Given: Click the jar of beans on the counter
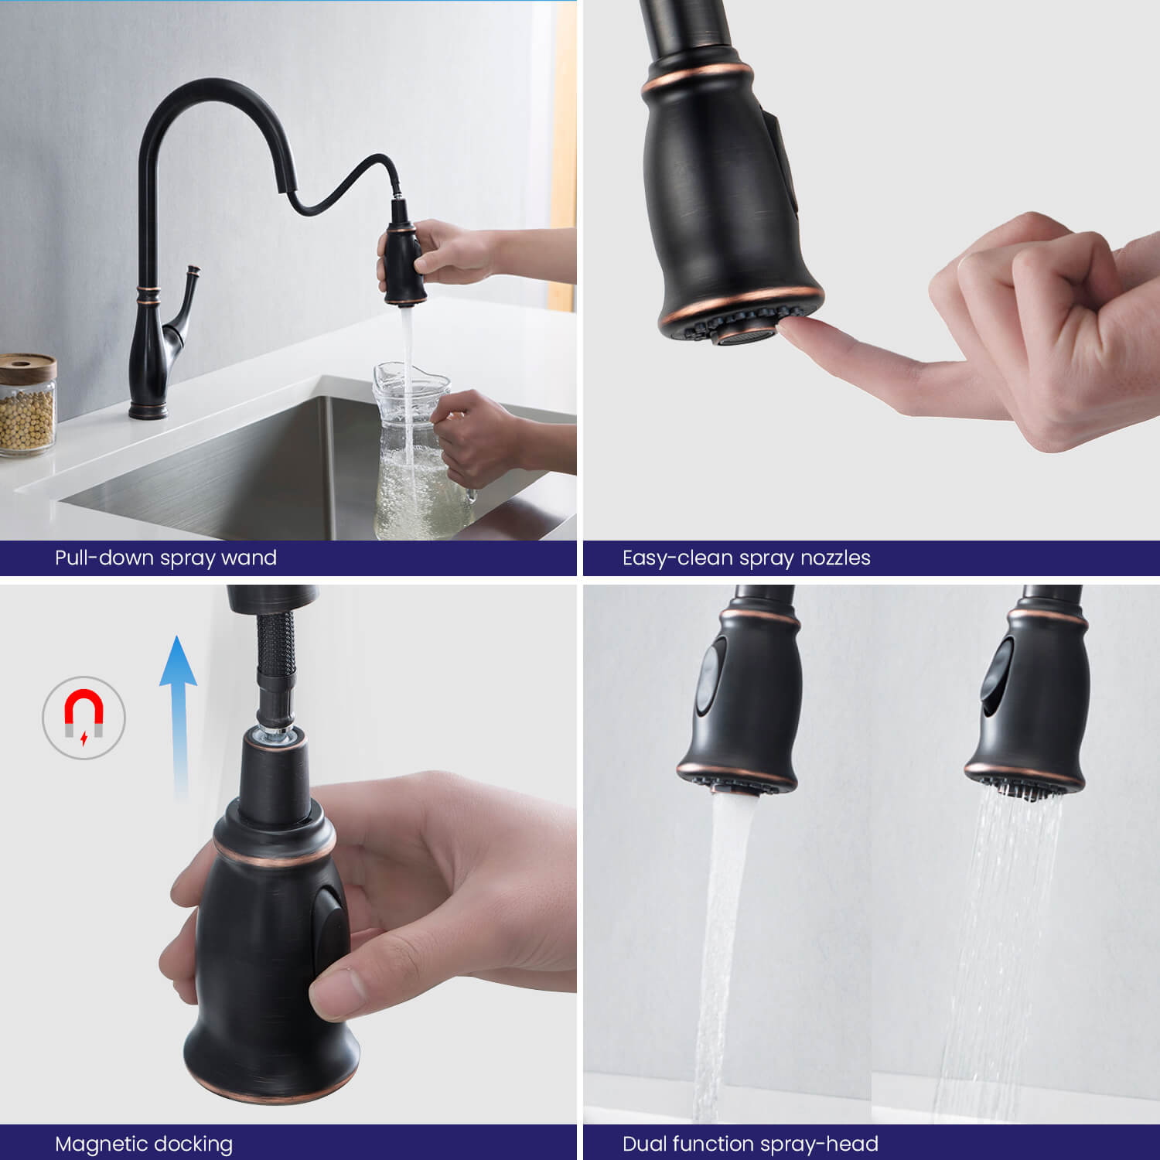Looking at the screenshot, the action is tap(27, 404).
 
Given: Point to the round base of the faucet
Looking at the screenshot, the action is tap(148, 411).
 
